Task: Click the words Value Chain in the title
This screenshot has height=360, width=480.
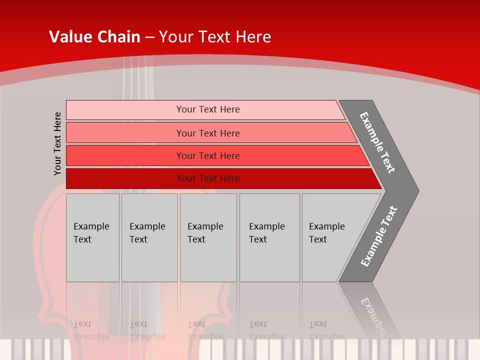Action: click(94, 37)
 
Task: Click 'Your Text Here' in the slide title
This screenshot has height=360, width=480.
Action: click(215, 37)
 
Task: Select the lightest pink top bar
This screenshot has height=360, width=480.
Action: click(125, 109)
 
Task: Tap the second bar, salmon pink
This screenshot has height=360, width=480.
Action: click(125, 133)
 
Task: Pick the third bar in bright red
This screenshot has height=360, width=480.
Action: click(125, 155)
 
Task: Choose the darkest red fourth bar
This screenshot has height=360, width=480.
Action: click(125, 178)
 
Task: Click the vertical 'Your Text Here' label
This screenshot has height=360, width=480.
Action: click(57, 143)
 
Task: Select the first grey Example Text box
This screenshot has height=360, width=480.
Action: click(92, 237)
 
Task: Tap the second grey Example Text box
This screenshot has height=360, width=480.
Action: click(149, 237)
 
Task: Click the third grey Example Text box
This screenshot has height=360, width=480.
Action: click(208, 237)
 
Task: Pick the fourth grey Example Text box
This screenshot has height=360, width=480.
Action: click(269, 237)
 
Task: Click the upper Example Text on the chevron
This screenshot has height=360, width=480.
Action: click(377, 142)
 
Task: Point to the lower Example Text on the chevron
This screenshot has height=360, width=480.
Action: click(379, 236)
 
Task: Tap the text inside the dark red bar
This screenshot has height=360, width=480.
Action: click(208, 178)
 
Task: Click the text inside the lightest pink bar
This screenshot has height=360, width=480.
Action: click(208, 109)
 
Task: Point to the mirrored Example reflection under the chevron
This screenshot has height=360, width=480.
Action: click(372, 315)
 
